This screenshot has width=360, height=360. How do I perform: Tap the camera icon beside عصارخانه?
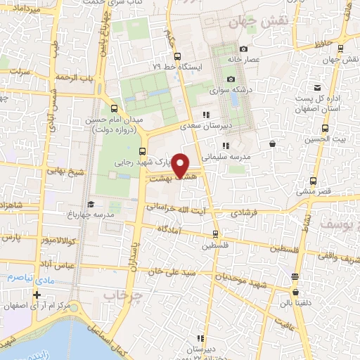(x=243, y=49)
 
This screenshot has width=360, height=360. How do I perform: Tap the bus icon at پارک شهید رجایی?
(x=143, y=150)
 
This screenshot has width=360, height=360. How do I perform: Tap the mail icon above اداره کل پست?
(x=318, y=88)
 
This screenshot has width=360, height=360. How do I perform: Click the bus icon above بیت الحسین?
(x=325, y=128)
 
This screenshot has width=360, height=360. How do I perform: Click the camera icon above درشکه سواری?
(x=230, y=79)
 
